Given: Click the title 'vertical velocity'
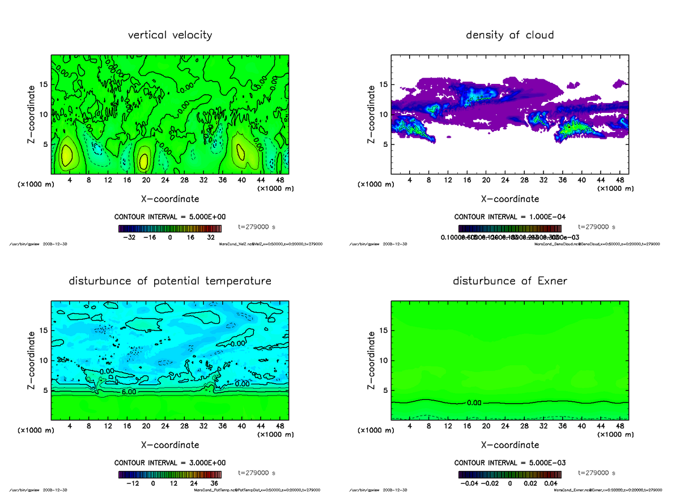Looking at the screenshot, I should (170, 35).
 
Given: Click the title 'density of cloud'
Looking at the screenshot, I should (509, 35).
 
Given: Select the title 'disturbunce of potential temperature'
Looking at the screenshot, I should (170, 281).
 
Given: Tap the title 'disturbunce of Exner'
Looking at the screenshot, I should (509, 281).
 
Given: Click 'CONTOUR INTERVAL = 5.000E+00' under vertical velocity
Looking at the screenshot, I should (170, 217).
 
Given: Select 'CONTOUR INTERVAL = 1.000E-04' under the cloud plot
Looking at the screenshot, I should (509, 217).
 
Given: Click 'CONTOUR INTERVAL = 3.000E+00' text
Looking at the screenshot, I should (170, 463).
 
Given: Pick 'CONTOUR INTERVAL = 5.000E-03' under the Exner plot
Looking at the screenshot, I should (509, 463).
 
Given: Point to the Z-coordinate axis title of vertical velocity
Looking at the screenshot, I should (34, 114).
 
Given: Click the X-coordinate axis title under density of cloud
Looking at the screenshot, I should (509, 199).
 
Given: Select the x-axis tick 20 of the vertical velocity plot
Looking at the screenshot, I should (146, 180).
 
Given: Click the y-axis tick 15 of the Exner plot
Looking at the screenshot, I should (384, 330).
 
